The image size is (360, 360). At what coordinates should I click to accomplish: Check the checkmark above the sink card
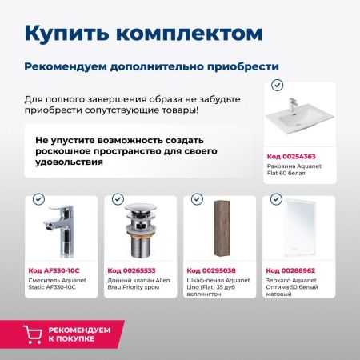click(276, 84)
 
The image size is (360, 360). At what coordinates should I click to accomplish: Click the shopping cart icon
click(33, 334)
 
